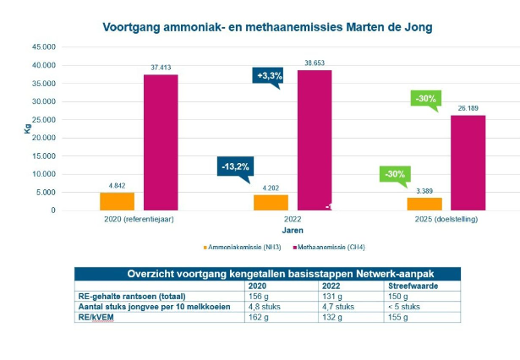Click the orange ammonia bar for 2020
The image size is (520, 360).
point(117,201)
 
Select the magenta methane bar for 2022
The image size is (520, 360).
point(314,140)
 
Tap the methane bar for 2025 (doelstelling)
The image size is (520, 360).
point(468,162)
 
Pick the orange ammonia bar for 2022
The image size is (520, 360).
point(271,203)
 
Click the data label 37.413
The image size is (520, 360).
point(161,66)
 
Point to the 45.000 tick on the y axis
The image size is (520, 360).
point(45,47)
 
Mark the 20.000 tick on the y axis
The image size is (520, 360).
point(45,138)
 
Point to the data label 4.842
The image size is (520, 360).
point(117,185)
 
